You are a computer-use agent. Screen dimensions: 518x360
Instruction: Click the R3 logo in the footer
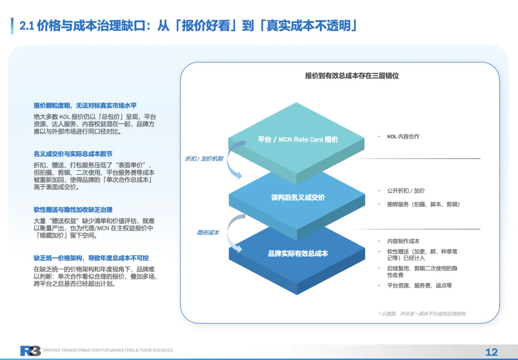[x=30, y=351]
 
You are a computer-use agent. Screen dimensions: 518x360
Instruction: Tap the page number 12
[x=492, y=352]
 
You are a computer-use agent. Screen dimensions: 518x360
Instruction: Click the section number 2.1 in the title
[x=26, y=26]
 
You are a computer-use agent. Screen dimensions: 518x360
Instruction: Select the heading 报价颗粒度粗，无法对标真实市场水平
[x=88, y=106]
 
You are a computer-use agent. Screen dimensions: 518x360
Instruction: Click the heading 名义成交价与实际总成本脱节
[x=73, y=154]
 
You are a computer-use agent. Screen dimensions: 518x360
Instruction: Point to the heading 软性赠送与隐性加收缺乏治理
[x=73, y=210]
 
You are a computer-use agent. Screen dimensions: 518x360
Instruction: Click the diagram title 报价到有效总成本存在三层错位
[x=352, y=75]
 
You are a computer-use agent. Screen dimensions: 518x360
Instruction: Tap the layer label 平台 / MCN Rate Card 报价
[x=297, y=140]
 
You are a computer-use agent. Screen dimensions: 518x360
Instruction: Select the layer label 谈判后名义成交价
[x=297, y=197]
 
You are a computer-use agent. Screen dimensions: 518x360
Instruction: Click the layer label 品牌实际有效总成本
[x=298, y=253]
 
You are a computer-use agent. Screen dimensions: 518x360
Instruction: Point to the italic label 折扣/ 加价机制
[x=204, y=158]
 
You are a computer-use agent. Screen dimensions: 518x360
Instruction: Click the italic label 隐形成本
[x=208, y=233]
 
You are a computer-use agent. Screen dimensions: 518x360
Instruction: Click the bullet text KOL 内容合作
[x=403, y=137]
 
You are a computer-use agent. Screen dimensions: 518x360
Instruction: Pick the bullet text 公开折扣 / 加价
[x=406, y=191]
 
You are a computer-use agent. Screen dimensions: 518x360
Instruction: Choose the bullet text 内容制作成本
[x=403, y=241]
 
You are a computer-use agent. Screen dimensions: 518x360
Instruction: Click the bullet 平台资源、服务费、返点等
[x=419, y=286]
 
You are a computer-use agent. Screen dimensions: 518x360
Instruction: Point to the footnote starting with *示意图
[x=422, y=313]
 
